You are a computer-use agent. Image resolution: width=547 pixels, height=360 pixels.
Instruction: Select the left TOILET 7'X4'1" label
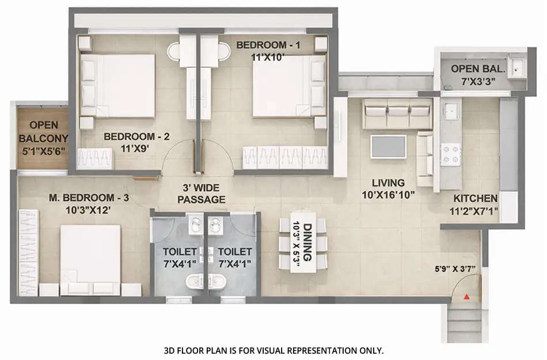179,257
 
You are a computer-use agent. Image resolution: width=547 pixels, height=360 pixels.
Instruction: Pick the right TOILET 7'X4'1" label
234,257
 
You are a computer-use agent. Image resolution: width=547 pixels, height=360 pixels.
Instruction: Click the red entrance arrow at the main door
466,296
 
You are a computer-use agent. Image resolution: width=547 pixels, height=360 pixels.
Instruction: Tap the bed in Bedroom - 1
282,85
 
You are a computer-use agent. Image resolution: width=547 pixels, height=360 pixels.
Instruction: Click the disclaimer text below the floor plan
273,350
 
